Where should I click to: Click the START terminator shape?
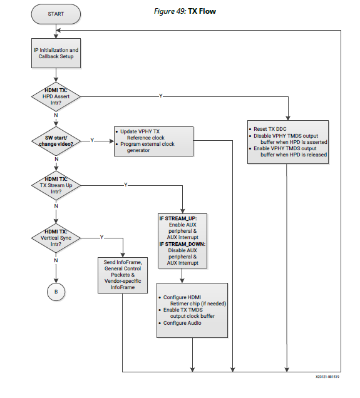(x=56, y=14)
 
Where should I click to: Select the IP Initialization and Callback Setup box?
(x=56, y=53)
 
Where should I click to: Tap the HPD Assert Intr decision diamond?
(x=56, y=97)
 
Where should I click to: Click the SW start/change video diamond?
(x=56, y=141)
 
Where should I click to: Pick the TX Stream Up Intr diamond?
(x=56, y=185)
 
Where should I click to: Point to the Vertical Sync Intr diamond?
(x=56, y=238)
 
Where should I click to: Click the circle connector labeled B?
(x=56, y=292)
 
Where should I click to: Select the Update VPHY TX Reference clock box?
(x=153, y=141)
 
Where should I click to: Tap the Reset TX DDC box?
(x=288, y=142)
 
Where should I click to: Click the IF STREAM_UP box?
(x=182, y=241)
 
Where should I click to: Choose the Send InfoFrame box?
(x=123, y=275)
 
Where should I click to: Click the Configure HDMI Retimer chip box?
(x=192, y=310)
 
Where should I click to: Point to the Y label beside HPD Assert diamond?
(x=160, y=96)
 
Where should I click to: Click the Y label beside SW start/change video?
(x=92, y=140)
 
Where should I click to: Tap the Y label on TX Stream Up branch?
(x=126, y=185)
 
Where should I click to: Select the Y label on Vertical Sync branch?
(x=102, y=237)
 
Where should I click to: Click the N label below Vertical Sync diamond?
(x=56, y=260)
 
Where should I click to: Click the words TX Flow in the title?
(x=202, y=11)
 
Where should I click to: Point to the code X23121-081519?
(x=327, y=377)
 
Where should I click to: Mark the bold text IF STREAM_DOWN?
(x=182, y=244)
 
